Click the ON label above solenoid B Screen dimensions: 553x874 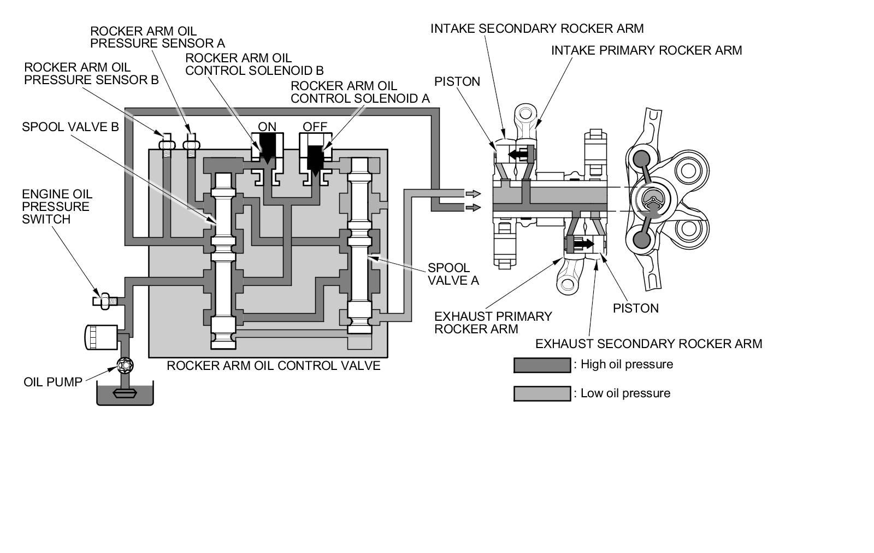267,127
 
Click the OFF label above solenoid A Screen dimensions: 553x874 315,127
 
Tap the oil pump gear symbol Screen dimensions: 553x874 125,364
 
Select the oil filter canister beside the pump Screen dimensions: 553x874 101,337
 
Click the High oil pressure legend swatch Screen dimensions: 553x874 541,365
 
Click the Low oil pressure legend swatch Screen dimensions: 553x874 541,393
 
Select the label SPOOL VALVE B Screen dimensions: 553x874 70,127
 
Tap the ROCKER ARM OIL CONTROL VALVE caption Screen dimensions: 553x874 273,365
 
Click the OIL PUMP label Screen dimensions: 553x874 52,381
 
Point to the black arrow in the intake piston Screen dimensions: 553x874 519,155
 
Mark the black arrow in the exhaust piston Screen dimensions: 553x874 584,242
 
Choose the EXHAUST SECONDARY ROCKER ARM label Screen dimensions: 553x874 648,344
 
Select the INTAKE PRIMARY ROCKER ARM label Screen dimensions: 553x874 646,50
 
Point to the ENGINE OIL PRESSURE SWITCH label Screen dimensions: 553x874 57,207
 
